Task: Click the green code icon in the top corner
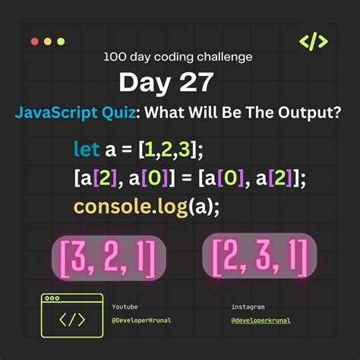[314, 41]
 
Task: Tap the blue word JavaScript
[57, 112]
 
